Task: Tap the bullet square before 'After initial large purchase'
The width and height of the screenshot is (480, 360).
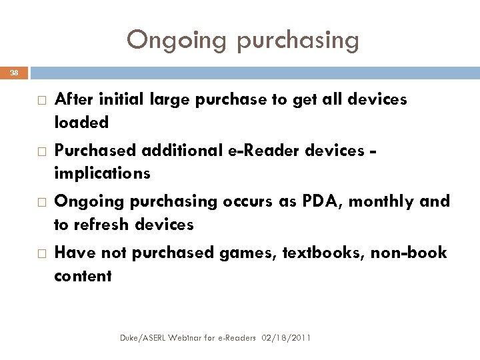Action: pos(39,100)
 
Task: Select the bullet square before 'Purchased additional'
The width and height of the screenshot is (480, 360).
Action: pos(39,151)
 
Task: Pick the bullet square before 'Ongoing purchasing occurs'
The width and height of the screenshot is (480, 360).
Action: pos(39,202)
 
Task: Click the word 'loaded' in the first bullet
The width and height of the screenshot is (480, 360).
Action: pos(81,123)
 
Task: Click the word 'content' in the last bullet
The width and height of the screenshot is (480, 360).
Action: pos(83,275)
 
